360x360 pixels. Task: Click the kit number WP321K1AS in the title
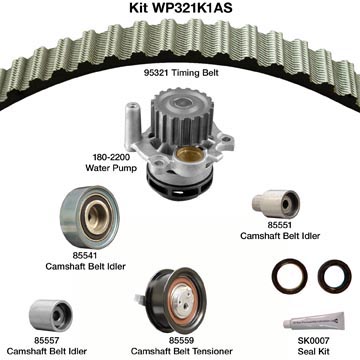tap(192, 8)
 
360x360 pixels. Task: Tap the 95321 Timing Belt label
tap(181, 73)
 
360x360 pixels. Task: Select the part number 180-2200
tap(107, 156)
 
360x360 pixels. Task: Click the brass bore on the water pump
tap(189, 154)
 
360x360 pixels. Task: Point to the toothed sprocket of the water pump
tap(182, 113)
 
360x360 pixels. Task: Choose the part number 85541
tap(85, 256)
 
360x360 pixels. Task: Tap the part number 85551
tap(279, 225)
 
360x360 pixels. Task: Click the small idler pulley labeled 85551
tap(276, 204)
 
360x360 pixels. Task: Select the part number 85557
tap(46, 340)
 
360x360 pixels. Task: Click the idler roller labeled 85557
tap(51, 315)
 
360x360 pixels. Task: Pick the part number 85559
tap(181, 340)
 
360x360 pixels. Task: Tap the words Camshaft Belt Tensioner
tap(181, 351)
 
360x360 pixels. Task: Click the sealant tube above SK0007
tap(314, 321)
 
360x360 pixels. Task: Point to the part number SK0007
tap(313, 340)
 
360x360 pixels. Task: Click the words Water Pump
tap(111, 167)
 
